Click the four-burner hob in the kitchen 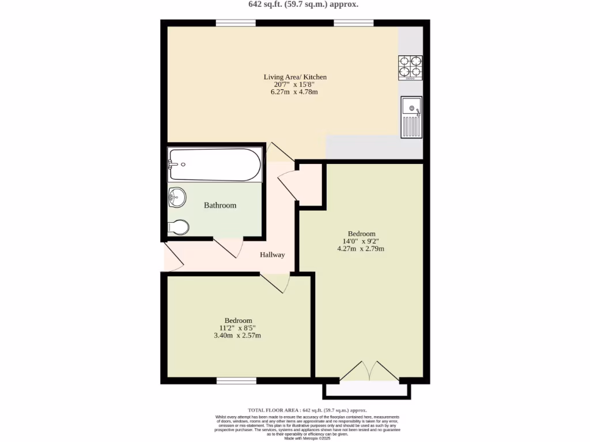pos(410,67)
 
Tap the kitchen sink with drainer pos(411,117)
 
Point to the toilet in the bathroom pos(178,227)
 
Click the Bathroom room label pos(220,205)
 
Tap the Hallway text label pos(272,255)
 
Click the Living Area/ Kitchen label pos(296,77)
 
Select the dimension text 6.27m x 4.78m pos(296,92)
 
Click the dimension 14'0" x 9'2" pos(361,241)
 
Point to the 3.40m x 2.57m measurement pos(238,336)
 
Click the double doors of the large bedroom pos(369,372)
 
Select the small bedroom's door pos(274,283)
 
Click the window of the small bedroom pos(236,380)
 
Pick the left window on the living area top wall pos(236,23)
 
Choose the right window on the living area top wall pos(353,23)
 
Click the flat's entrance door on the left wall pos(173,257)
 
